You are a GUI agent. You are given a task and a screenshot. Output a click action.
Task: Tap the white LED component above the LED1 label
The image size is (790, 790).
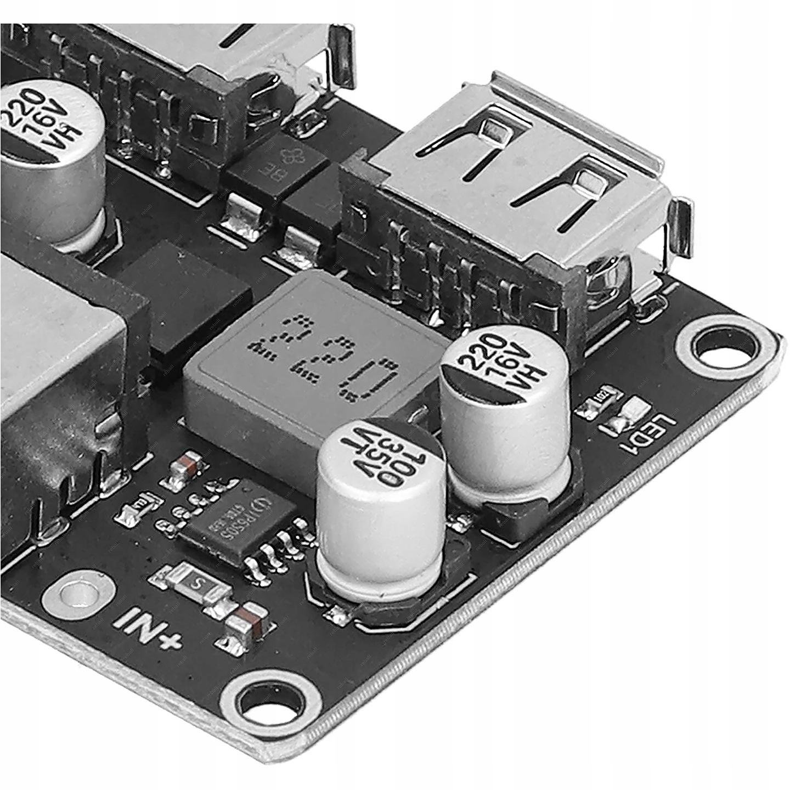636,409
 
